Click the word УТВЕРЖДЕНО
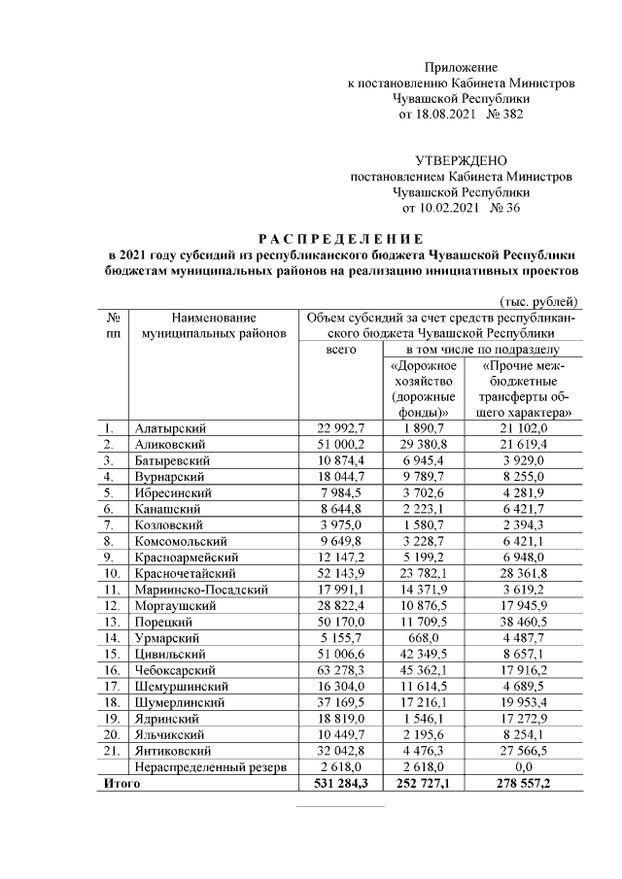tap(461, 160)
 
